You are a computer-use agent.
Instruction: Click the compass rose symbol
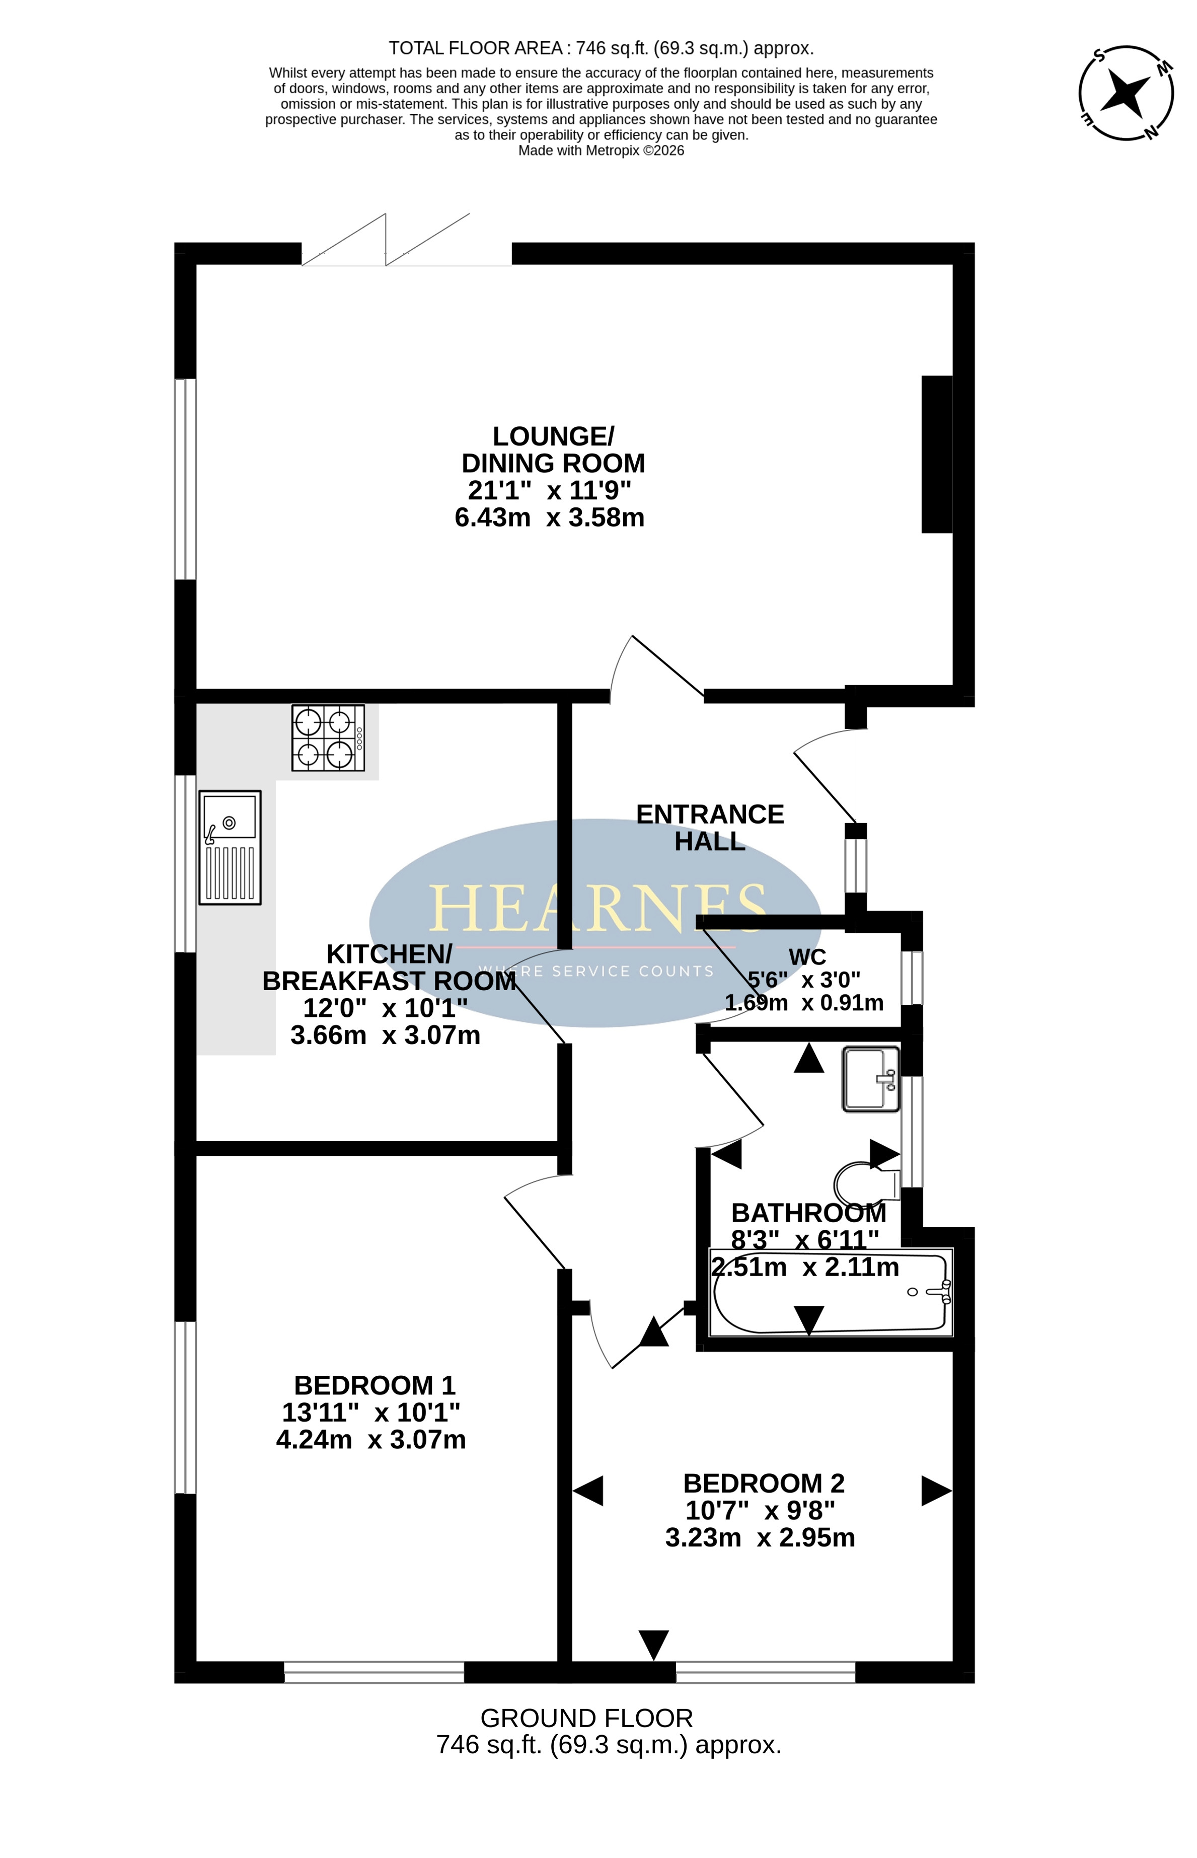1126,94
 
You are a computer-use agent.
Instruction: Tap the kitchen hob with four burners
328,737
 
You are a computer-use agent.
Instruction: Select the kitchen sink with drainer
230,847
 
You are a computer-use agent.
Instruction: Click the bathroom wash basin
871,1079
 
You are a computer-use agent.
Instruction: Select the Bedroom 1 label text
375,1385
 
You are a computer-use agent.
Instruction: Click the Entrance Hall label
710,828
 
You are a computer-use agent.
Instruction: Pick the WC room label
807,956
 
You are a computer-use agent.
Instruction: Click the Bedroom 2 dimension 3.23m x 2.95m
760,1537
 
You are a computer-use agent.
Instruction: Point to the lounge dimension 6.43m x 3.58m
550,517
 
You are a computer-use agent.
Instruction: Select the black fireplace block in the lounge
937,455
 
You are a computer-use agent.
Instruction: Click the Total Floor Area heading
601,48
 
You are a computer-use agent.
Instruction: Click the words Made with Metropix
579,151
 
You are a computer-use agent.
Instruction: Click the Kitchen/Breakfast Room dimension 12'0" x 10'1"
386,1008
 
